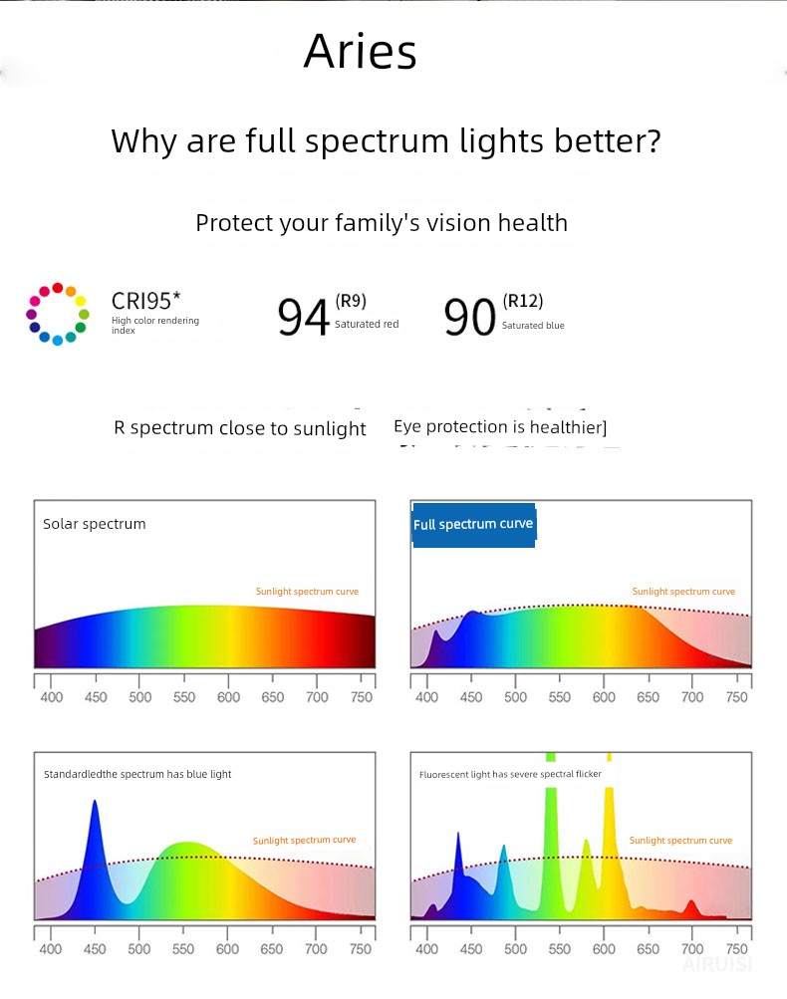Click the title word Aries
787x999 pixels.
(360, 51)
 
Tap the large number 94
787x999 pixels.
(303, 318)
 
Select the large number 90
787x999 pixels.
(469, 318)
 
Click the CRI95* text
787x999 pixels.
(145, 301)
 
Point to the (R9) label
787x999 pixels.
(351, 301)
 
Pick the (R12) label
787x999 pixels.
(523, 301)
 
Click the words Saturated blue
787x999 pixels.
(533, 326)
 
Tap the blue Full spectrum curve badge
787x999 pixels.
(473, 524)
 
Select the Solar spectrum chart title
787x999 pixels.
(95, 524)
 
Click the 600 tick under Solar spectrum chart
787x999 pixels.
(228, 697)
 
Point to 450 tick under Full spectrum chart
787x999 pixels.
(471, 697)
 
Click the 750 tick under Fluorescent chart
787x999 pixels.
(736, 949)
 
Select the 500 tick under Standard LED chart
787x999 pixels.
(138, 949)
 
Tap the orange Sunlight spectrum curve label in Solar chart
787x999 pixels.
(307, 592)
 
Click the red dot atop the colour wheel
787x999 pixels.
(58, 288)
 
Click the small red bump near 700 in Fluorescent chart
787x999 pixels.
(691, 908)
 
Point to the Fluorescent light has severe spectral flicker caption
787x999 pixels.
(510, 774)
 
